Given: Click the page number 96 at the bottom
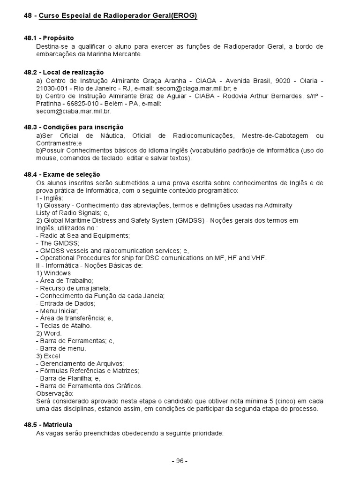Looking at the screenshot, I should (180, 461).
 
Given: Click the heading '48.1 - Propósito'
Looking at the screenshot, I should (49, 38).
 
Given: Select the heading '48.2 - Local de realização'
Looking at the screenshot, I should (64, 72).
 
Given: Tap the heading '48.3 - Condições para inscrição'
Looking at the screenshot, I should (74, 127).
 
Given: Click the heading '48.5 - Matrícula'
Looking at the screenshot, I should (48, 425).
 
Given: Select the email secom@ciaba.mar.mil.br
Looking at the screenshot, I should (74, 112).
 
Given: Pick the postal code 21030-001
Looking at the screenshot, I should (52, 88).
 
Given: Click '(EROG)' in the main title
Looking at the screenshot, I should (184, 16).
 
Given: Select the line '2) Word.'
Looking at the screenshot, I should (49, 333).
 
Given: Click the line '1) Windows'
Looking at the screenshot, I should (53, 273).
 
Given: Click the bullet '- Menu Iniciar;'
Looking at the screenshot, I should (57, 310).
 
